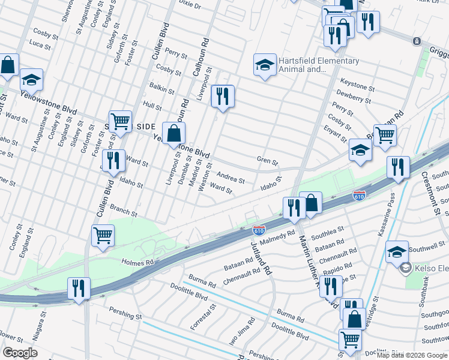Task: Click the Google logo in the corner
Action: (20, 353)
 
